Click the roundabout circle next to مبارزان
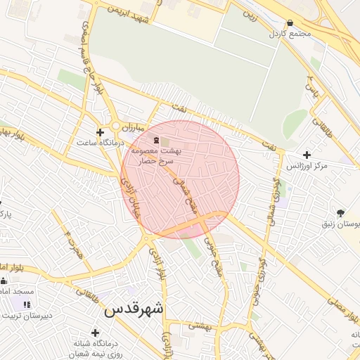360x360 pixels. point(115,126)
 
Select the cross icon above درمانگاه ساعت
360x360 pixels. point(101,132)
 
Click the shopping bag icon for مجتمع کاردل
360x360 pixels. point(290,22)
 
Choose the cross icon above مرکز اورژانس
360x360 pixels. point(306,155)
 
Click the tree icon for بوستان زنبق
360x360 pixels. point(341,213)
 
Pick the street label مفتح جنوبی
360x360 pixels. point(213,255)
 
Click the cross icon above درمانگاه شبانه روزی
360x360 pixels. point(95,332)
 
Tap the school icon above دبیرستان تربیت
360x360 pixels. point(27,304)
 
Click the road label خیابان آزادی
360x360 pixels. point(132,197)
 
